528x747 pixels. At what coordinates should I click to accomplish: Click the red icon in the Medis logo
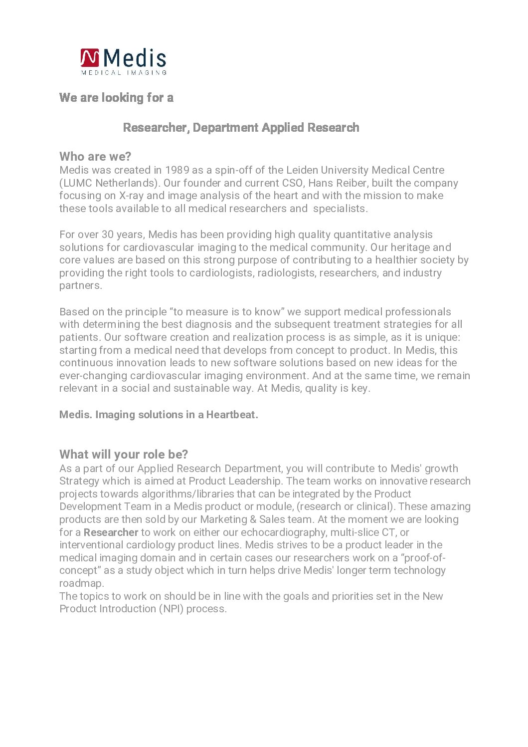pos(90,57)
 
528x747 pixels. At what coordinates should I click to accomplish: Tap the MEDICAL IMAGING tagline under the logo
pos(124,72)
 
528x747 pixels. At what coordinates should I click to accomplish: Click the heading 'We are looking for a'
pos(116,97)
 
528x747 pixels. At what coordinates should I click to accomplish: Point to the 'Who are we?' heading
pos(95,157)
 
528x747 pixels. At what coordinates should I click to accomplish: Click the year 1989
pos(177,170)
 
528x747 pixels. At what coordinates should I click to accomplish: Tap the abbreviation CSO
pos(293,183)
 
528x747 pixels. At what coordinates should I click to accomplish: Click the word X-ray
pos(131,196)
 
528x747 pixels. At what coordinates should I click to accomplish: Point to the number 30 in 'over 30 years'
pos(108,235)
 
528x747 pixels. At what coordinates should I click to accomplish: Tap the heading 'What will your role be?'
pos(124,455)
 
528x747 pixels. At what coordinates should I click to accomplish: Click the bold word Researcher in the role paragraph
pos(111,532)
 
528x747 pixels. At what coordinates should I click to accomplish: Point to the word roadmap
pos(81,583)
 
